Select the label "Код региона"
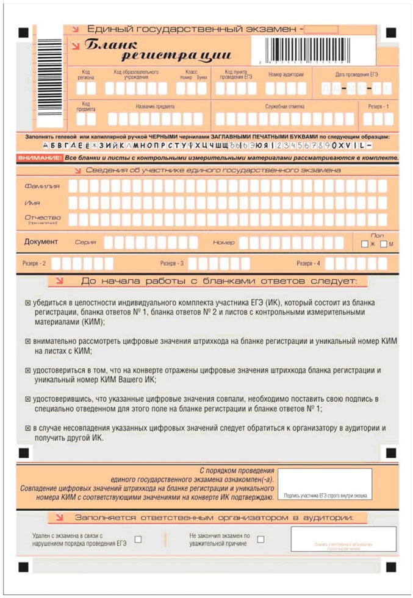coord(86,75)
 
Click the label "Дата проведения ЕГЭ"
coord(357,74)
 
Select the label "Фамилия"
coord(42,185)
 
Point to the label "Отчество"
coord(43,218)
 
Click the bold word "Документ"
coord(41,242)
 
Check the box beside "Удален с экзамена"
coord(138,539)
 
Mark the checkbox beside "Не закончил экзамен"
coord(261,539)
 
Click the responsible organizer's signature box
coord(343,539)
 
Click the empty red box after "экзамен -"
coord(321,29)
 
